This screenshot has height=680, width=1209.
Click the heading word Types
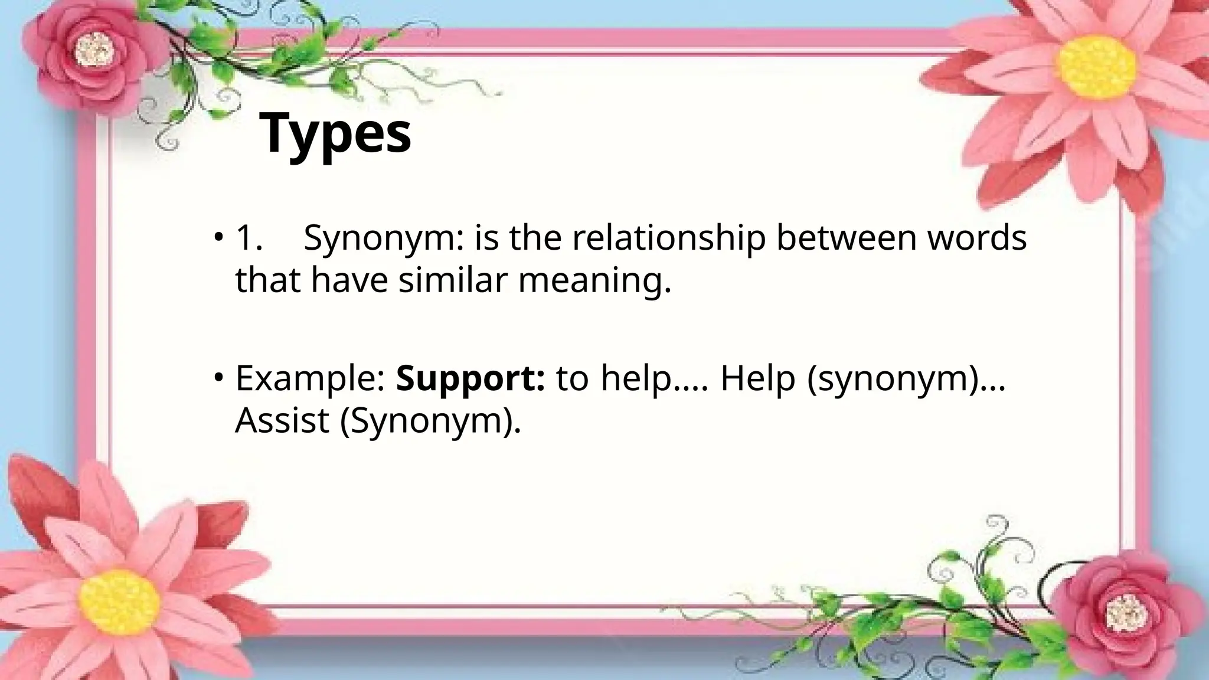[335, 135]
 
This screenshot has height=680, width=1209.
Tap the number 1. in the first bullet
[249, 238]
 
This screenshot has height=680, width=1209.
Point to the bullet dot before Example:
[219, 377]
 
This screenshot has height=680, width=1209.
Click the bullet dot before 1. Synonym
[219, 237]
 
